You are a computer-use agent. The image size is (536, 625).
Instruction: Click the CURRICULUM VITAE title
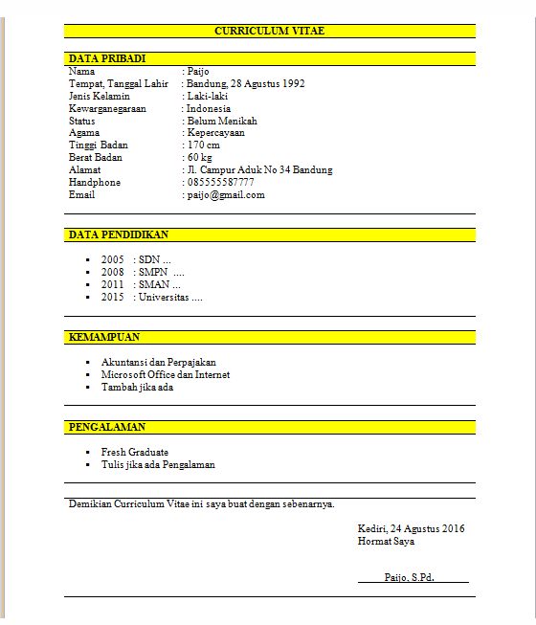[x=269, y=31]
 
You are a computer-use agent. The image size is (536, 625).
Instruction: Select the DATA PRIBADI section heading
[x=107, y=58]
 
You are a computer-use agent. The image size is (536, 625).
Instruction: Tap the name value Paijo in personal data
[x=197, y=71]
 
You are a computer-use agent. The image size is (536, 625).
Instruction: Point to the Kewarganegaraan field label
[x=106, y=108]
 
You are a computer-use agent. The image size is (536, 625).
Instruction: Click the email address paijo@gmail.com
[x=226, y=194]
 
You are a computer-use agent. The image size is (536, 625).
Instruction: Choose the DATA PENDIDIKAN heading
[x=119, y=234]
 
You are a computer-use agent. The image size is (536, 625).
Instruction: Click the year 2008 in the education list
[x=113, y=272]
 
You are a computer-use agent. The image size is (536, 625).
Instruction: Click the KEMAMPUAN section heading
[x=104, y=337]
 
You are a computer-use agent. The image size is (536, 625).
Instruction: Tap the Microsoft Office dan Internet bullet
[x=165, y=374]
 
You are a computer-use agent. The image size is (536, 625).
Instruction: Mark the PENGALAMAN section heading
[x=107, y=426]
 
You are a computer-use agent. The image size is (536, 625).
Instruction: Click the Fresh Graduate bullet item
[x=134, y=452]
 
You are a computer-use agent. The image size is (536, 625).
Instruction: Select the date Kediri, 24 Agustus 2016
[x=411, y=528]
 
